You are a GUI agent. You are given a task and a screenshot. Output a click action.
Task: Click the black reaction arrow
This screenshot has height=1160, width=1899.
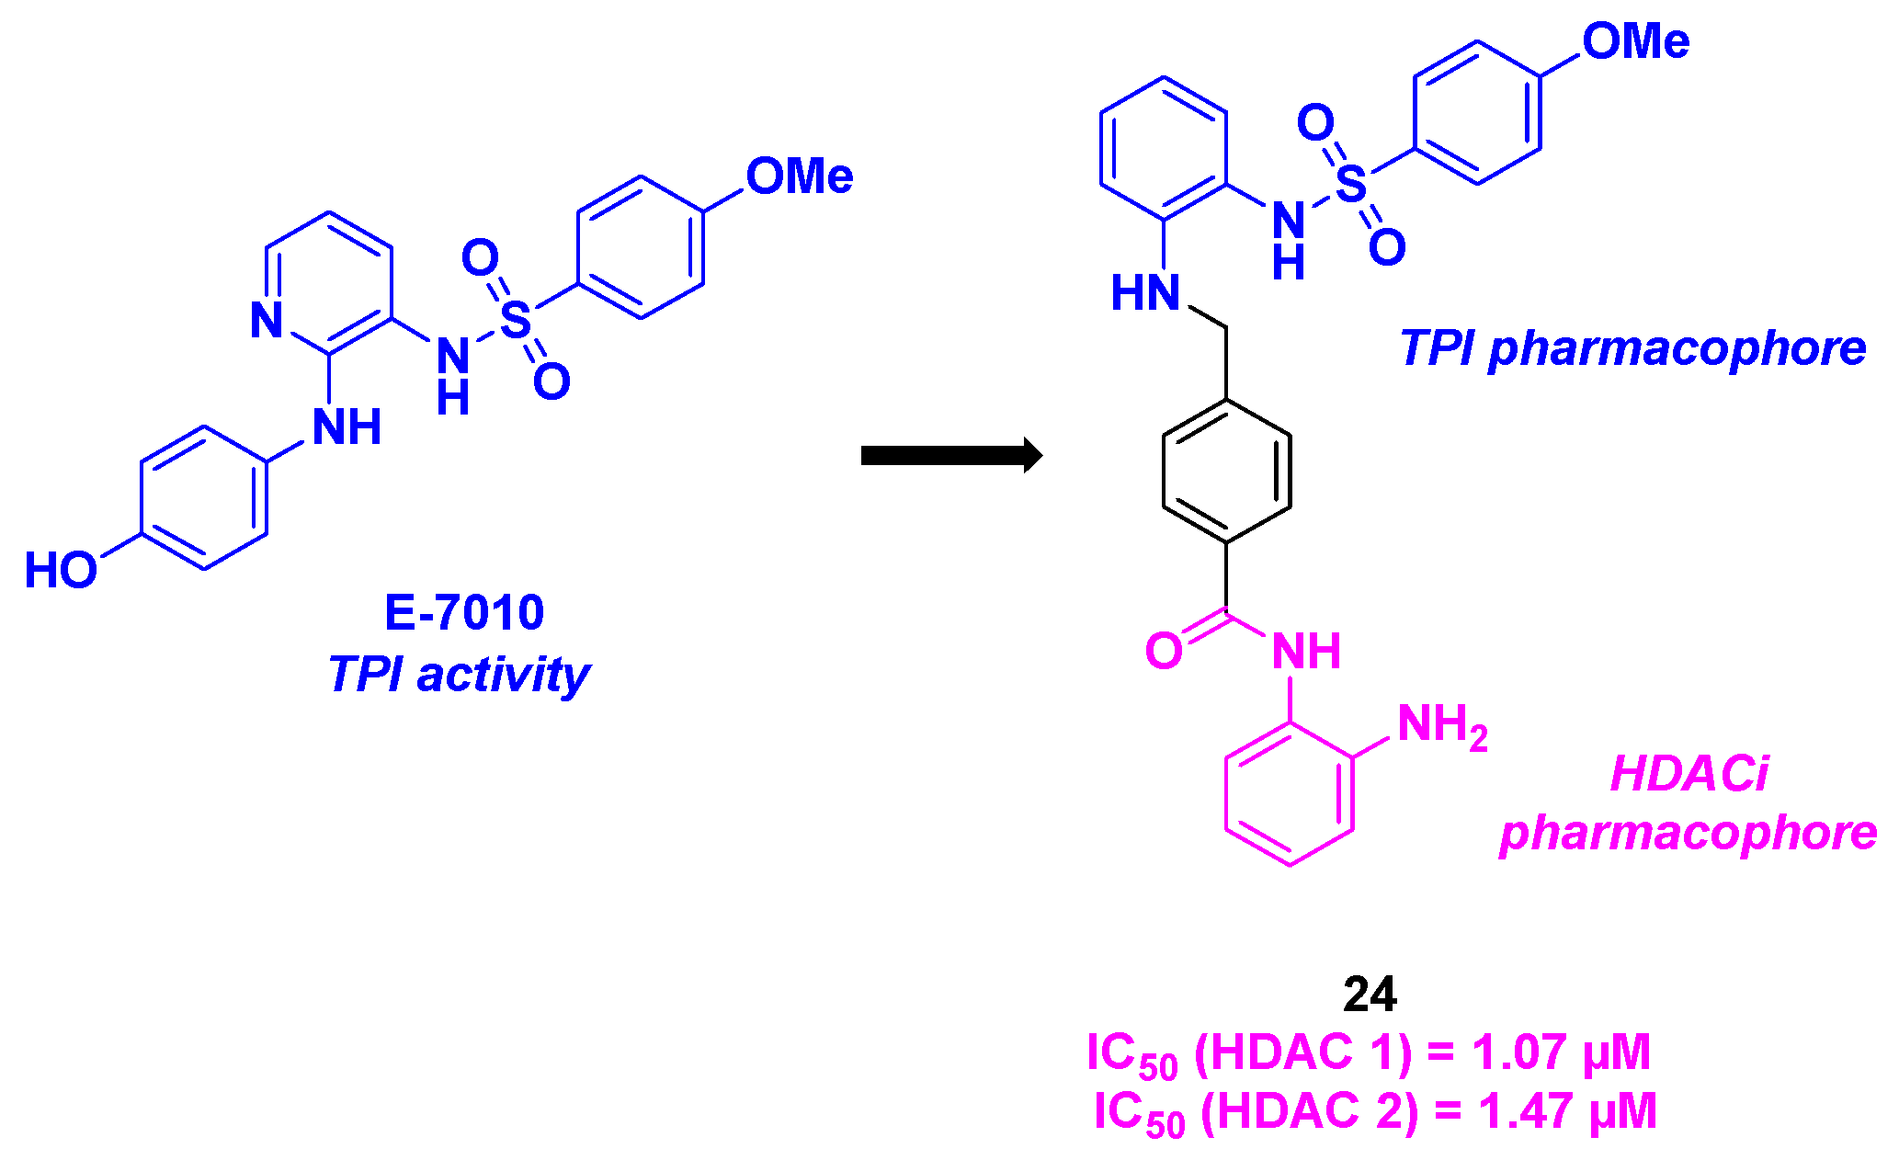950,455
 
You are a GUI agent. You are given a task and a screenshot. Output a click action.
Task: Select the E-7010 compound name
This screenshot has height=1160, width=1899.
464,612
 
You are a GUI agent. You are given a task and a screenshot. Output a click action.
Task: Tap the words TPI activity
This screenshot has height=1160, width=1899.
459,675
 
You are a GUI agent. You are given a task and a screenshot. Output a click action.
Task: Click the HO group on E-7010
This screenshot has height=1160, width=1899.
61,571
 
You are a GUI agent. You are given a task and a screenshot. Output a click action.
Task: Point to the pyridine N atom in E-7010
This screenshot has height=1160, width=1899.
267,320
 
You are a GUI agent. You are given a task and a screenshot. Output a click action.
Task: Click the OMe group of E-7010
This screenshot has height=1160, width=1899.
799,176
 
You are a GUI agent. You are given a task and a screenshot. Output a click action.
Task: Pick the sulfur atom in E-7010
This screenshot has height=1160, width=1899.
516,320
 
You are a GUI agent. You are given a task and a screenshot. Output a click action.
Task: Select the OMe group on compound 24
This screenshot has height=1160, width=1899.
1635,42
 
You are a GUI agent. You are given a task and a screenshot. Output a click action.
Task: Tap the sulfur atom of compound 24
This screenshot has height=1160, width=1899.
1350,184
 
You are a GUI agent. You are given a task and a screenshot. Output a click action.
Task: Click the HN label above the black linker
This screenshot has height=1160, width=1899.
1144,294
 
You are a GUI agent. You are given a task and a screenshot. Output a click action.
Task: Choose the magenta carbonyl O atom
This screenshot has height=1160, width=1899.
1164,651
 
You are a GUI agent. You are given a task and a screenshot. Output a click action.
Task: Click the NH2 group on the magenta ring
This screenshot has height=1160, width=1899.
1441,726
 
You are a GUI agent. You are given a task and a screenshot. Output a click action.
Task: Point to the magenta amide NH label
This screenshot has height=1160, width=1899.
1305,652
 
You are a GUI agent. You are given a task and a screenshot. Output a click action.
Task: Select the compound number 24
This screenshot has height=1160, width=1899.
1370,995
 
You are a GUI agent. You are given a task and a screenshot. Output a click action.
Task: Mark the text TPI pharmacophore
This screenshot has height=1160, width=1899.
1632,349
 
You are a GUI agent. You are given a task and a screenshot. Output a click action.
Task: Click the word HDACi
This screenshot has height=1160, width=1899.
1689,774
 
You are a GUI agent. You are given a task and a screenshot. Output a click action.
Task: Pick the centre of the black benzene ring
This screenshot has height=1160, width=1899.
1226,471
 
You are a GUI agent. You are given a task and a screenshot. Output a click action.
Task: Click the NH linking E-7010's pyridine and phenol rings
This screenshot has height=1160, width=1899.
347,427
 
